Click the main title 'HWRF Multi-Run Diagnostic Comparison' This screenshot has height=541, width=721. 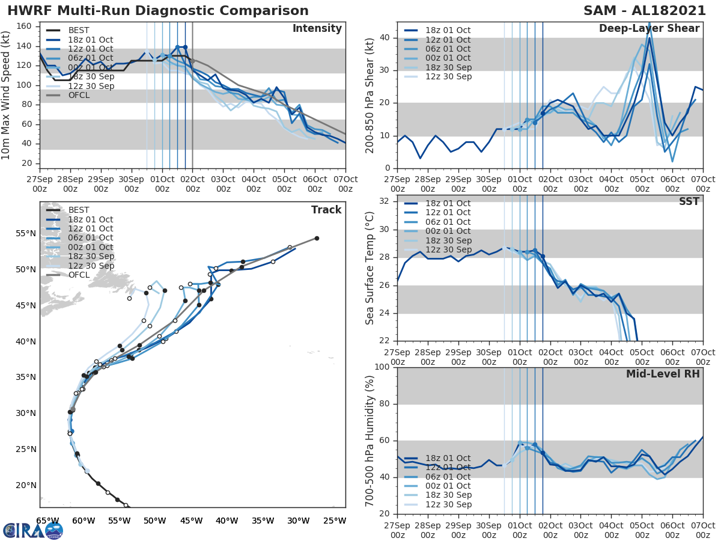158,11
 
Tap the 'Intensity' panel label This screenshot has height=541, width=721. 317,29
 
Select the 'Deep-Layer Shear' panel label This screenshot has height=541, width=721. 649,29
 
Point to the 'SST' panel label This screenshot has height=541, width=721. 689,201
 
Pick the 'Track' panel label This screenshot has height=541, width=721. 326,210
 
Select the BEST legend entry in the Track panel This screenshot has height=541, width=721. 79,210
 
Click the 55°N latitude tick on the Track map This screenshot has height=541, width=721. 26,233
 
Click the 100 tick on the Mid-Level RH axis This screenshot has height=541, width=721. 383,367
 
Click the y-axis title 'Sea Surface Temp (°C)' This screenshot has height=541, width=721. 370,267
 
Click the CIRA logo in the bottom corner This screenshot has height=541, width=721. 32,530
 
